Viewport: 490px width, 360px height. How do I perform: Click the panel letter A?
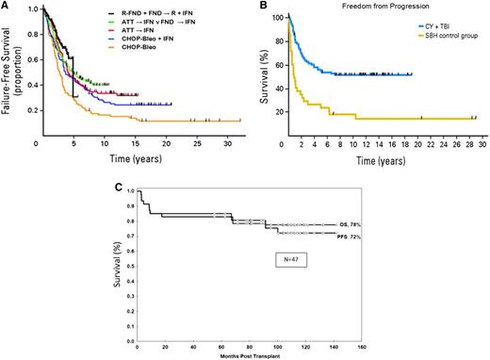click(7, 6)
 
